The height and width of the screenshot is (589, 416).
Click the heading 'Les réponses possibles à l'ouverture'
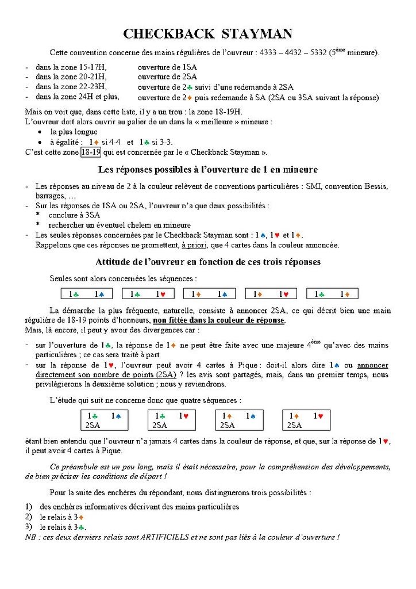tap(207, 170)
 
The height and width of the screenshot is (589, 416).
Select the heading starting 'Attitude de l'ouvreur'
tap(207, 262)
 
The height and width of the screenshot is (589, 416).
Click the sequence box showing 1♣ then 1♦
tap(333, 294)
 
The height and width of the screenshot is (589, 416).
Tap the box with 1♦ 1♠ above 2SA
tap(239, 420)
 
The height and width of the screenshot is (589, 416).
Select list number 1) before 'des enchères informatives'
tap(28, 507)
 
